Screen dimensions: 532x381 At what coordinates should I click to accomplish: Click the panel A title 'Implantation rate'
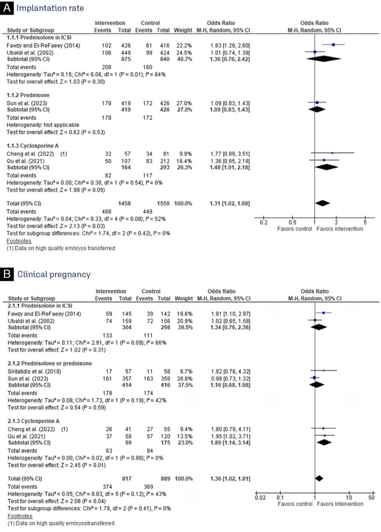50,9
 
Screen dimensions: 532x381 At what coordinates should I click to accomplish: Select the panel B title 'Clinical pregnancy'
54,274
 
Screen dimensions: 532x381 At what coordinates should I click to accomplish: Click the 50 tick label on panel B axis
371,497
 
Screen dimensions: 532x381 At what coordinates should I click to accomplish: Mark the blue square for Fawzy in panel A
333,45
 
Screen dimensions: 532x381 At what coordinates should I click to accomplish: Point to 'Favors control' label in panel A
294,228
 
